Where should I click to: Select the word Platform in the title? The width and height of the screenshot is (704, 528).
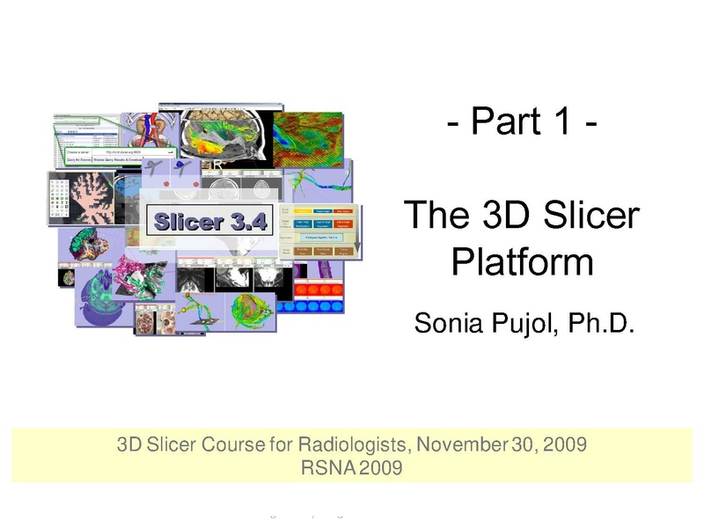pyautogui.click(x=523, y=261)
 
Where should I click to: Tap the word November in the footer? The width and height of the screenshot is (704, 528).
pyautogui.click(x=463, y=444)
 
